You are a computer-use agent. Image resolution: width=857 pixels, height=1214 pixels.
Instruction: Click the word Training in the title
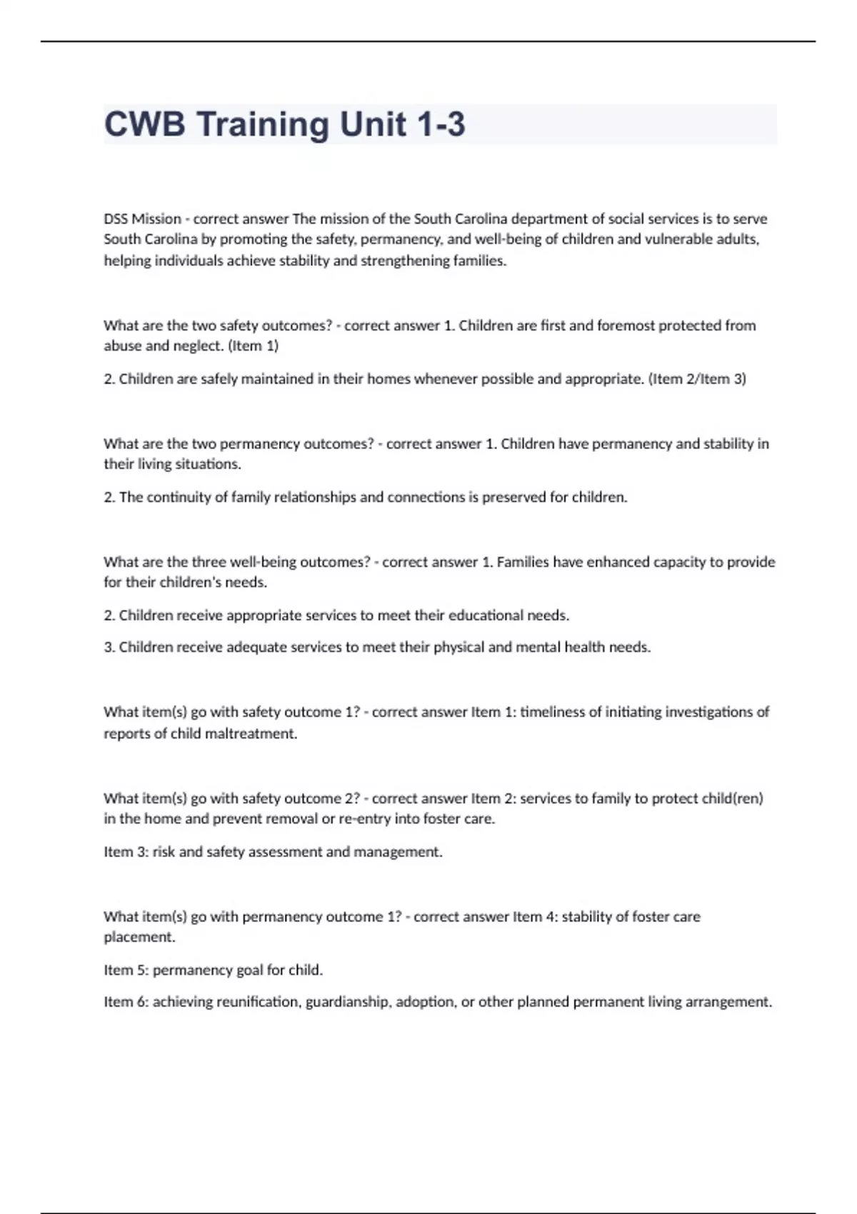263,124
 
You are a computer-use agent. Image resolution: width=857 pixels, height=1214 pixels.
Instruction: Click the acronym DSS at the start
116,219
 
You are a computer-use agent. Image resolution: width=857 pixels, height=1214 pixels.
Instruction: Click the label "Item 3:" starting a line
126,852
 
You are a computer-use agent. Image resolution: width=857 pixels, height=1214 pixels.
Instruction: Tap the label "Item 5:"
126,970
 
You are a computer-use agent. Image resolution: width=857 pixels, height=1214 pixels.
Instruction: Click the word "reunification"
257,1002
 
